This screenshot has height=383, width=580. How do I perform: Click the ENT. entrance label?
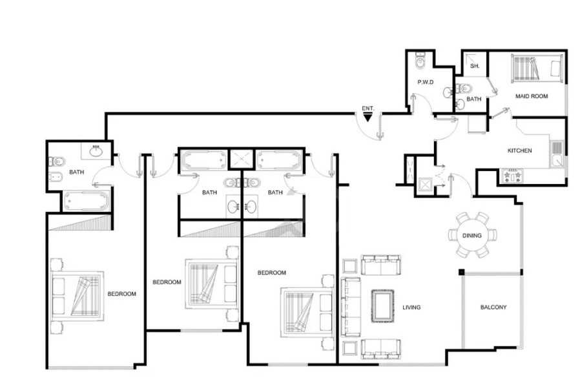[368, 109]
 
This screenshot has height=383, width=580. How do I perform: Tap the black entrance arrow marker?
[368, 118]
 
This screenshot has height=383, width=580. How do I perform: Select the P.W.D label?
[426, 82]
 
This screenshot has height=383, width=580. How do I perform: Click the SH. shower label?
[475, 67]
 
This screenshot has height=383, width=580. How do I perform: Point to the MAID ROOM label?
[532, 96]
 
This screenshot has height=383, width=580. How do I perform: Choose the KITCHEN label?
[519, 150]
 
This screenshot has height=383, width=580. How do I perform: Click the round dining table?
[472, 235]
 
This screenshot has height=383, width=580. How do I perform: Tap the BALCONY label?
[493, 307]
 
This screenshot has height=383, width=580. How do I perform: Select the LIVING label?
[411, 307]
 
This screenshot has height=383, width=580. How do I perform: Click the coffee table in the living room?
[382, 306]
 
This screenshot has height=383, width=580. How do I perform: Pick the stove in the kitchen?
[512, 176]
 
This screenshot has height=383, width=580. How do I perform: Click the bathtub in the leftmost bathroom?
[86, 202]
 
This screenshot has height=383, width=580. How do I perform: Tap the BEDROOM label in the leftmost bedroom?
[121, 294]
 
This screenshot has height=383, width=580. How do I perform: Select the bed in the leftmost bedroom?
[78, 296]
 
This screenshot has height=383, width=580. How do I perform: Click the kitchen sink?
[556, 154]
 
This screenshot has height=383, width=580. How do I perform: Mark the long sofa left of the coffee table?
[350, 307]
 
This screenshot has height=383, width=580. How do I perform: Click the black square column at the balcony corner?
[461, 272]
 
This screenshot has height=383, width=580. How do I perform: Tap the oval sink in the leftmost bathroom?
[96, 151]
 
